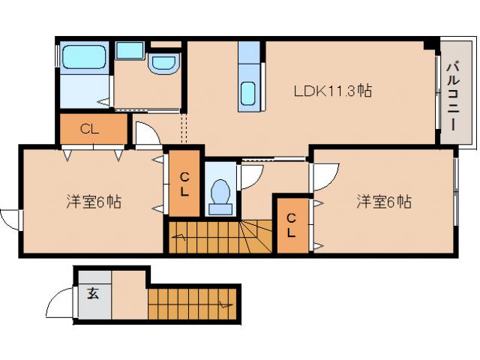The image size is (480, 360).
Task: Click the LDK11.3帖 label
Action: point(333,91)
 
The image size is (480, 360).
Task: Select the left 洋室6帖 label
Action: point(94,201)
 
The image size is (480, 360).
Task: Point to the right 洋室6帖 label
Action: point(383,201)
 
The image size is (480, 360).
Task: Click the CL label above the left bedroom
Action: point(91,129)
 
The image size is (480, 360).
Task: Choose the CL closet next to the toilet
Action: point(184,183)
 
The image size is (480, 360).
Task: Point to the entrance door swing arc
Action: point(60,304)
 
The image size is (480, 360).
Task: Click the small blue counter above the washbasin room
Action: point(130,50)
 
